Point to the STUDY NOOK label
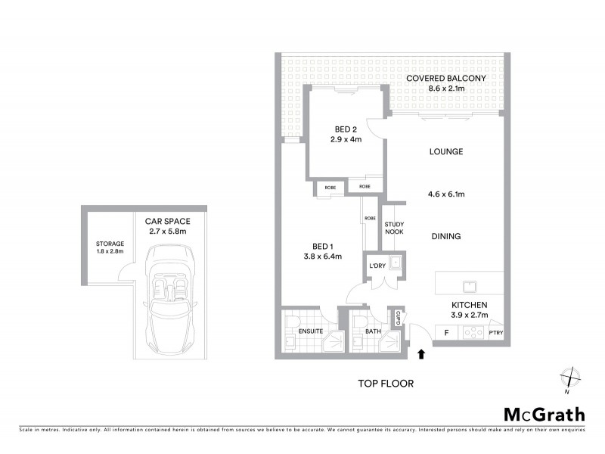[393, 228]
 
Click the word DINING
[446, 236]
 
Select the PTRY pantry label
[496, 333]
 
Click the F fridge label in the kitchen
[446, 332]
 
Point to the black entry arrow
[421, 353]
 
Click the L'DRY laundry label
[376, 266]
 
